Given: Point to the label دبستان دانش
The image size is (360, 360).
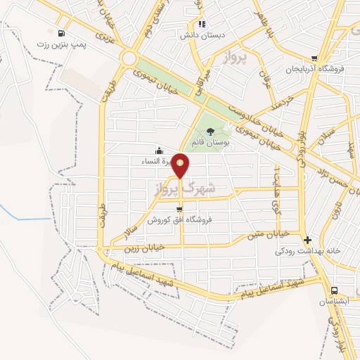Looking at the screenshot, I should pos(200,34).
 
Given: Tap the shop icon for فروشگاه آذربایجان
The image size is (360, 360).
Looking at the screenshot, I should pos(314,59).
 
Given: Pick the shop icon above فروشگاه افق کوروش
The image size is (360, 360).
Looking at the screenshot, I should pos(180,209).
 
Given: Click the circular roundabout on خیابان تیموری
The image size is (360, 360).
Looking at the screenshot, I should pos(129,58).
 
